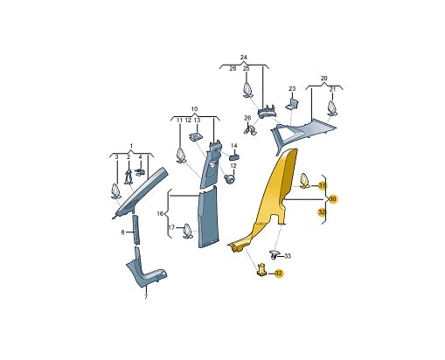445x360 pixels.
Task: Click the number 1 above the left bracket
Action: click(x=131, y=146)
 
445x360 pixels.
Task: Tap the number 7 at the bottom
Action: click(x=146, y=297)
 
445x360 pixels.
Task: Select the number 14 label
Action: click(x=234, y=145)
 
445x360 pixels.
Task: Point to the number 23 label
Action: click(x=292, y=89)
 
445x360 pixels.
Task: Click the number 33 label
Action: click(x=288, y=256)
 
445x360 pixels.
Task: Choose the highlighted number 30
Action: click(x=333, y=199)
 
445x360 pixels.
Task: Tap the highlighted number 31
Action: click(x=322, y=185)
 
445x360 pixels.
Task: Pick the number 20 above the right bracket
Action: click(x=323, y=78)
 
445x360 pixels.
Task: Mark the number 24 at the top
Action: click(x=243, y=58)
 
